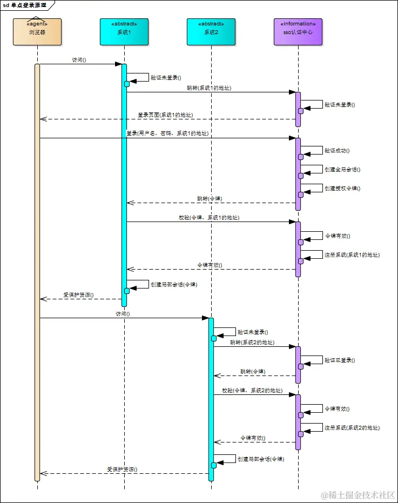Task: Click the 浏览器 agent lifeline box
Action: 37,32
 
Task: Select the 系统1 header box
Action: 124,32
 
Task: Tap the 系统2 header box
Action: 211,32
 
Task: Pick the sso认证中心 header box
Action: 298,32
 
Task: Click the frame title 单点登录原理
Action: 28,4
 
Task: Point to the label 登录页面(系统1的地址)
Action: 165,115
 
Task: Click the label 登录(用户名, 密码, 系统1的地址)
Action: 167,133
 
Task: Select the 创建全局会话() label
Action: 342,170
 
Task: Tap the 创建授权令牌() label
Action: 342,189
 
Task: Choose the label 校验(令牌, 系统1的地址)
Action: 208,217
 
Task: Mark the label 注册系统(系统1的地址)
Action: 352,254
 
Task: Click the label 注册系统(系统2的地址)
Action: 352,427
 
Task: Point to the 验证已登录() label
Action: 340,360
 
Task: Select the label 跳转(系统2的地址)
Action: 252,343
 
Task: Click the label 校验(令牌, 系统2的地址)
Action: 252,390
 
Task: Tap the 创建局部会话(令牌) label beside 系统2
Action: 260,459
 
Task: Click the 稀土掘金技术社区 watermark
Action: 358,494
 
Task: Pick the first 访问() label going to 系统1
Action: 79,59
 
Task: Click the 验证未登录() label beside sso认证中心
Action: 340,105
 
